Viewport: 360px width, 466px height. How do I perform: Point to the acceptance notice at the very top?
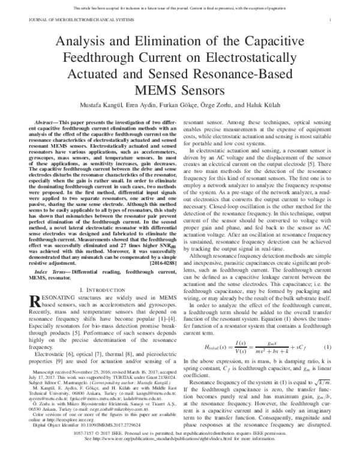coord(180,7)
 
